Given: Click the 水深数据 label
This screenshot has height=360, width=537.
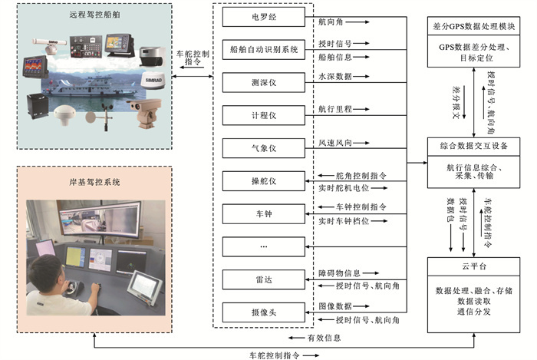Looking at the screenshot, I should click(x=335, y=77).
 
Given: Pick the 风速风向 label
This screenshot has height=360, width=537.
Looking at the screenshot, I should click(x=335, y=143).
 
